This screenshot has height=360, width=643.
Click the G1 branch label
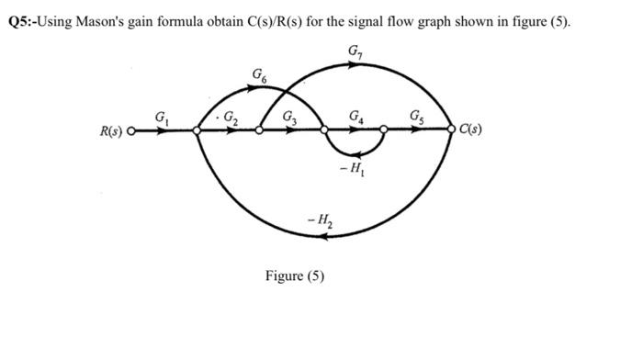click(163, 117)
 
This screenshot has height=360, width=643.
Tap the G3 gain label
click(291, 117)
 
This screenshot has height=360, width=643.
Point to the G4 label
click(355, 117)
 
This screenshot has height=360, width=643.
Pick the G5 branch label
click(418, 116)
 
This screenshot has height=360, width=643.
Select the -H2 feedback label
click(321, 219)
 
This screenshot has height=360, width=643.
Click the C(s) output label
click(471, 129)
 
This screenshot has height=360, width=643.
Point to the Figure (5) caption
click(294, 275)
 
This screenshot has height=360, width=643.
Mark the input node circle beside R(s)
click(131, 131)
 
